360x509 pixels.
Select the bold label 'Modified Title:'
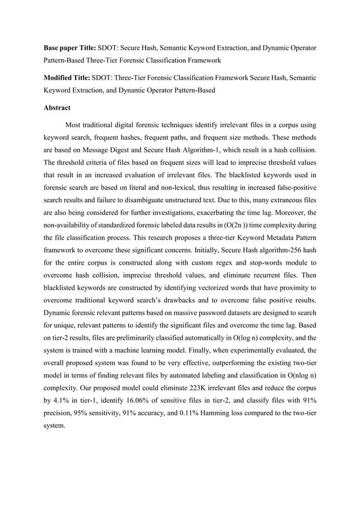click(x=67, y=77)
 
